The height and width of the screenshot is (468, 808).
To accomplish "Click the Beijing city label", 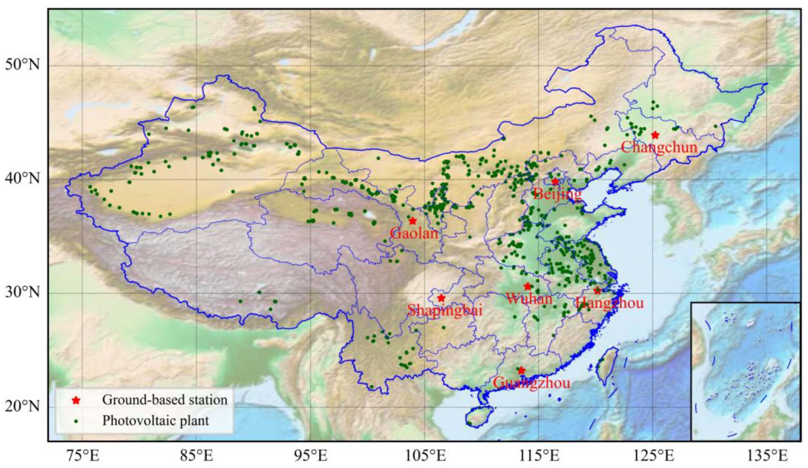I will click(557, 194).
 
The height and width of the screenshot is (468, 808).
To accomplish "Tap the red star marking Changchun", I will click(655, 135).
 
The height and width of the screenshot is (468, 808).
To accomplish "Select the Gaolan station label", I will click(414, 234).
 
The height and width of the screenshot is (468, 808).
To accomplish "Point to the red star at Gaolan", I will click(413, 221).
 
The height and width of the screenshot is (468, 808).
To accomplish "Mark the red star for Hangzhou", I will click(597, 291).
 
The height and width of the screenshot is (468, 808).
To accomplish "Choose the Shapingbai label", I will click(445, 310).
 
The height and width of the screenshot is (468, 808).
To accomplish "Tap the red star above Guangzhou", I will click(521, 371).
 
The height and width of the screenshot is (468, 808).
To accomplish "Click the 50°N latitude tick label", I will click(22, 65).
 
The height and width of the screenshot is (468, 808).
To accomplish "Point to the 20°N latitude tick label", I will click(22, 407).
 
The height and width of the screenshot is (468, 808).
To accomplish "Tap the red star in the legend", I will click(76, 400).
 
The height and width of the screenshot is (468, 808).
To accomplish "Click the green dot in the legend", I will click(76, 421).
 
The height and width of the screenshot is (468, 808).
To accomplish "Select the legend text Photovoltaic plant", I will click(155, 421).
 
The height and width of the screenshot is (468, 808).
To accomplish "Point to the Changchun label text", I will click(659, 147).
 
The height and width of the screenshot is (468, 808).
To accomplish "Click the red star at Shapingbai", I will click(441, 298).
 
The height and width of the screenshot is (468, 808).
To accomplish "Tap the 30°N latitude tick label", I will click(22, 293).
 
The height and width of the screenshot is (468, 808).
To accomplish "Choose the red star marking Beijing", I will click(555, 182).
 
